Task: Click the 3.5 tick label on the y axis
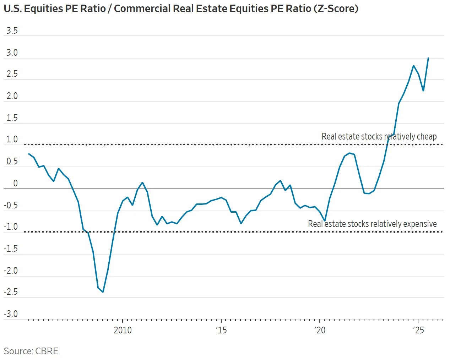[12, 31]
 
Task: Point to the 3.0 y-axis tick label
[12, 53]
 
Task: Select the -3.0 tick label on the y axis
[11, 314]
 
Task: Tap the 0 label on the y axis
[15, 183]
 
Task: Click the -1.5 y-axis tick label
[11, 249]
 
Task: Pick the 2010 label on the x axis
[123, 330]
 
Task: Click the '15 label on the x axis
[221, 330]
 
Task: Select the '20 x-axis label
[320, 330]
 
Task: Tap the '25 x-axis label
[418, 330]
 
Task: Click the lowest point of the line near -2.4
[103, 292]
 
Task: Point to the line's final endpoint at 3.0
[428, 58]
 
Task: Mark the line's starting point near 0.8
[29, 154]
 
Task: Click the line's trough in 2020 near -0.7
[325, 220]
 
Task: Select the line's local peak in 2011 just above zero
[142, 182]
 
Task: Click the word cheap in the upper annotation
[427, 137]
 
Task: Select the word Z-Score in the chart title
[336, 9]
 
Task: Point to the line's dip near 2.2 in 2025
[423, 91]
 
